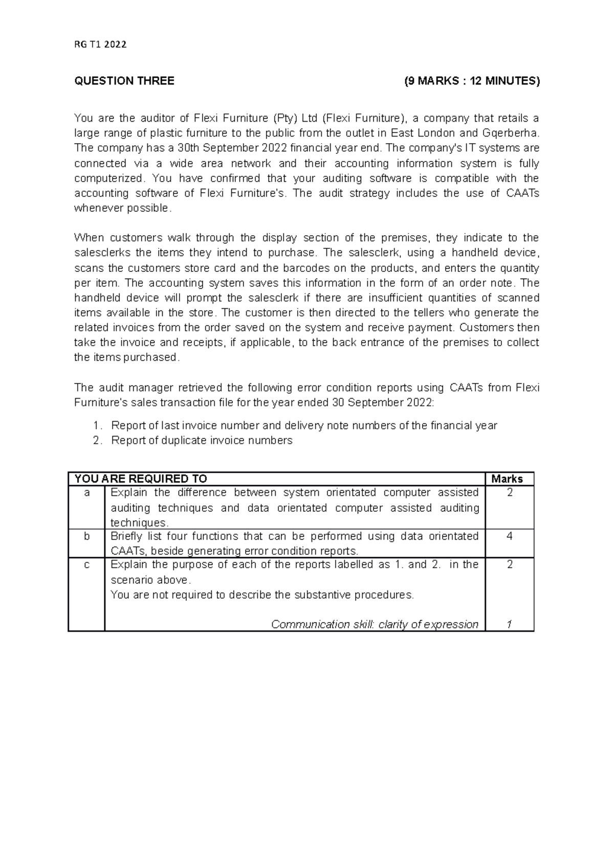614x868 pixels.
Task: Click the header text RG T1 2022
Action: pos(100,44)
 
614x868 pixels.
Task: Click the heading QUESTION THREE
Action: pos(124,81)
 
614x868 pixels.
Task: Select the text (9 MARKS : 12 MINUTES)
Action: pos(471,81)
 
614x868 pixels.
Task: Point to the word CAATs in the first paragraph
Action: pos(522,193)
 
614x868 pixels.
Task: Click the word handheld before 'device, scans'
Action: pos(472,253)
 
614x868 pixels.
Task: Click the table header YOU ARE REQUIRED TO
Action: pos(141,479)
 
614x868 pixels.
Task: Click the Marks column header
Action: pos(507,479)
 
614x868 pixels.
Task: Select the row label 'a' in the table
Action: pos(86,493)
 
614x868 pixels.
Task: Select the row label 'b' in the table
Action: pos(86,536)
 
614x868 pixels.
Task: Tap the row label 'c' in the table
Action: pos(86,565)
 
